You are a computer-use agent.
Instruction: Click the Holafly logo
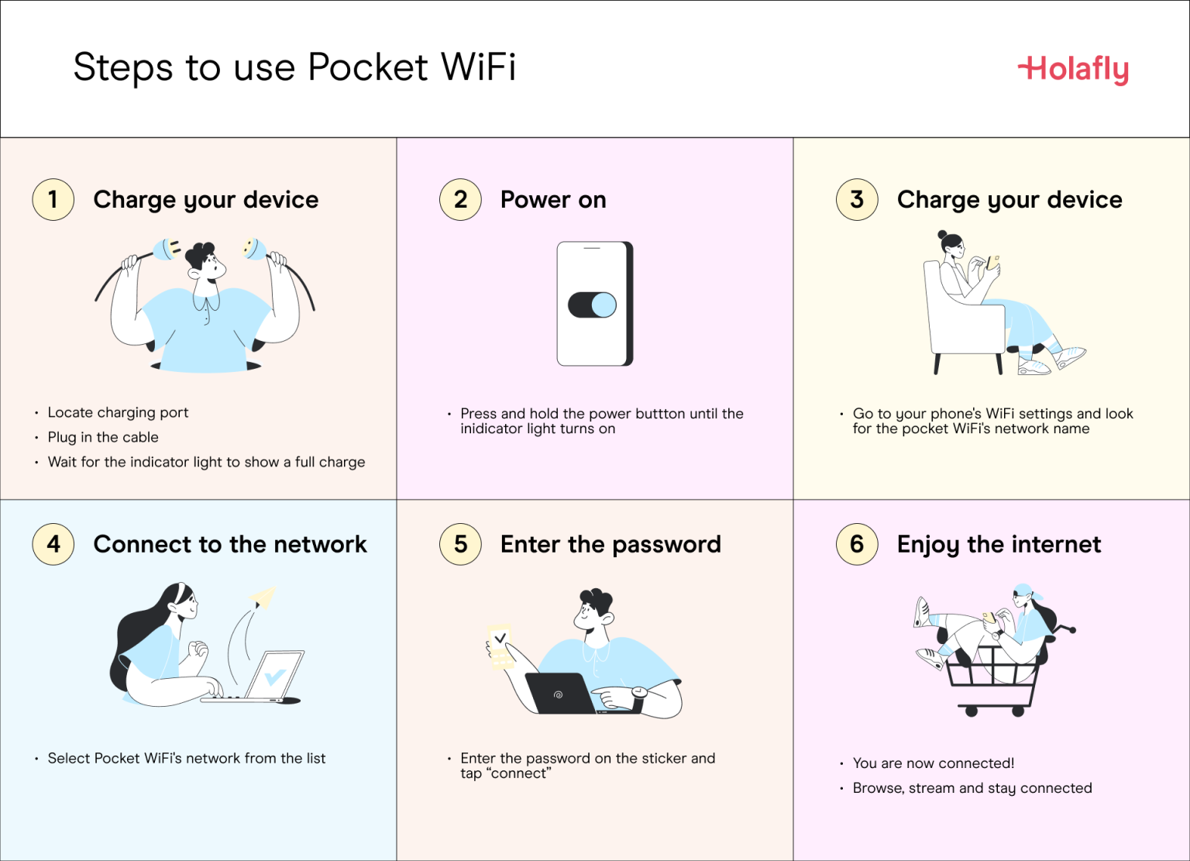pyautogui.click(x=1073, y=69)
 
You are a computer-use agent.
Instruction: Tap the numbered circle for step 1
pyautogui.click(x=53, y=199)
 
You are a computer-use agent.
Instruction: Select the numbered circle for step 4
pyautogui.click(x=53, y=544)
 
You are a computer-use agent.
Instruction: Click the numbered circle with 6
pyautogui.click(x=856, y=544)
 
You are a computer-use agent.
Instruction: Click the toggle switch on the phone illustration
pyautogui.click(x=593, y=305)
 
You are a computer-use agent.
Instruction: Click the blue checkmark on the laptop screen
pyautogui.click(x=274, y=677)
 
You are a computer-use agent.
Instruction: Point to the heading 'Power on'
pyautogui.click(x=553, y=200)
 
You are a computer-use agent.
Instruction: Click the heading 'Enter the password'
pyautogui.click(x=610, y=544)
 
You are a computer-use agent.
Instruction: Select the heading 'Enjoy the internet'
pyautogui.click(x=999, y=544)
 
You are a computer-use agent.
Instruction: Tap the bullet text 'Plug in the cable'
pyautogui.click(x=103, y=437)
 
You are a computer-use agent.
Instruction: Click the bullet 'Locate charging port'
pyautogui.click(x=118, y=412)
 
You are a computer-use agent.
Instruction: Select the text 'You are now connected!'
pyautogui.click(x=934, y=763)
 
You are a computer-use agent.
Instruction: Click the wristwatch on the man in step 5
pyautogui.click(x=639, y=692)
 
